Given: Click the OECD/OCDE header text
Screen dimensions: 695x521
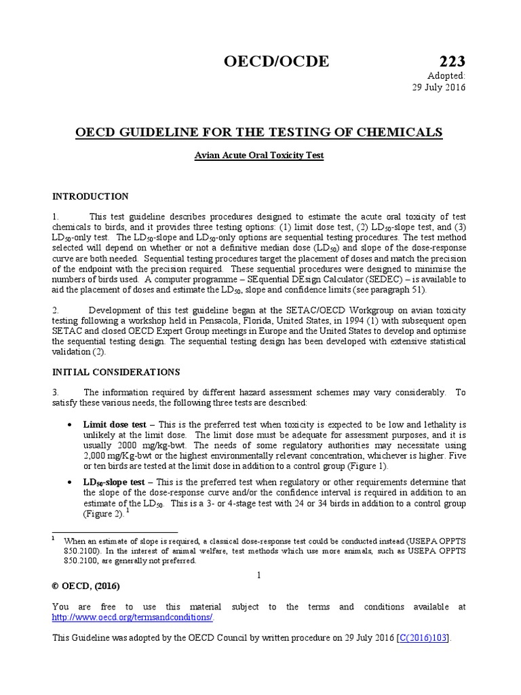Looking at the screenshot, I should tap(276, 61).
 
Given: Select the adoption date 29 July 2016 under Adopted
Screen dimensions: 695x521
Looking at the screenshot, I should tap(440, 87).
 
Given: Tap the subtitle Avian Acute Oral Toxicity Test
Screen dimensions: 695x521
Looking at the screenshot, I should tap(259, 155).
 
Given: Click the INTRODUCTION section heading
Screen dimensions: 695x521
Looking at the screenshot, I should tap(90, 197).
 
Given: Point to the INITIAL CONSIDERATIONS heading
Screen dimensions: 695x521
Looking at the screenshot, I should tap(116, 372).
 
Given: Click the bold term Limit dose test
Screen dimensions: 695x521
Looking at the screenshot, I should tap(115, 425).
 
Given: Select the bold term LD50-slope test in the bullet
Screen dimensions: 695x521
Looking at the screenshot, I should tap(114, 482).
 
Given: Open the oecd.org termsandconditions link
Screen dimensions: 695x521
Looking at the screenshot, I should tap(133, 617).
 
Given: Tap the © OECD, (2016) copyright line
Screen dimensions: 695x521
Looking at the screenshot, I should tap(86, 586).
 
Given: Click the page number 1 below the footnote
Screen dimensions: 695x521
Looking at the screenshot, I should tap(259, 575).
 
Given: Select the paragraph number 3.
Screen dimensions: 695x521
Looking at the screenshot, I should tap(55, 392).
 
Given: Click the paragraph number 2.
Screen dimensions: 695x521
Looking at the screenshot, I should tap(55, 310).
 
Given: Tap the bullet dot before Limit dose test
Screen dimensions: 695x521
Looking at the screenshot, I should tap(72, 425).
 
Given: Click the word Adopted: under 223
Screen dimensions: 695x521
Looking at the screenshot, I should tap(446, 75).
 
